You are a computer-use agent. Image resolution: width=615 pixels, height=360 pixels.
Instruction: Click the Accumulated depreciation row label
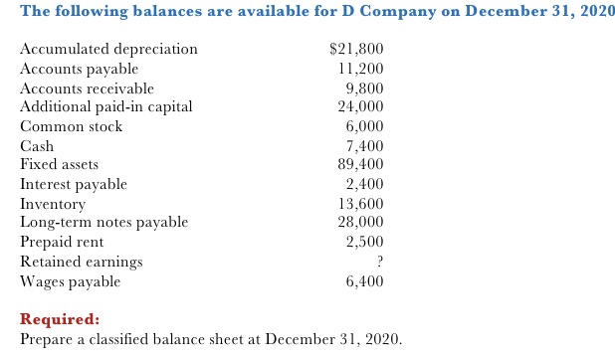click(108, 49)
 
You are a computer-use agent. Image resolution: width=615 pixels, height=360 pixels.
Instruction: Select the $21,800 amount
click(356, 49)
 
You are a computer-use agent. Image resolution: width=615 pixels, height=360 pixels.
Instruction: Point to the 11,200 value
click(360, 69)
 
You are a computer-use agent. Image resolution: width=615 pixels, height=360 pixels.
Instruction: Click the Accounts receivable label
click(87, 88)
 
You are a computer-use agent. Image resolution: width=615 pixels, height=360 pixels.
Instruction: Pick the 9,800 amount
click(364, 88)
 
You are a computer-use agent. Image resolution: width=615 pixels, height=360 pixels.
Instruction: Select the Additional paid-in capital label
click(106, 106)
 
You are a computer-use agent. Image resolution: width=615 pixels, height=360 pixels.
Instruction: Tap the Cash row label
click(37, 146)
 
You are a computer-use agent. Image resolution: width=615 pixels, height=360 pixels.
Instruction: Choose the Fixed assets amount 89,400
click(360, 164)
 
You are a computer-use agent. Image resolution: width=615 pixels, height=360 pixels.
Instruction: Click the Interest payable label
click(74, 184)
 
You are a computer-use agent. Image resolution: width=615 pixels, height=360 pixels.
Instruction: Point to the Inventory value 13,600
click(360, 204)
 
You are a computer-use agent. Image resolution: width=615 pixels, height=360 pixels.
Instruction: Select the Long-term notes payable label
click(104, 222)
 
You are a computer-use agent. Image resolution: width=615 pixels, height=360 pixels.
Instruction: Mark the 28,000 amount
click(360, 222)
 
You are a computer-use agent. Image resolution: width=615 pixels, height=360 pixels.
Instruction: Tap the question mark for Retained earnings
click(380, 262)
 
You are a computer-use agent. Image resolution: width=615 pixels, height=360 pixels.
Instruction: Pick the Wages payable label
click(70, 281)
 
